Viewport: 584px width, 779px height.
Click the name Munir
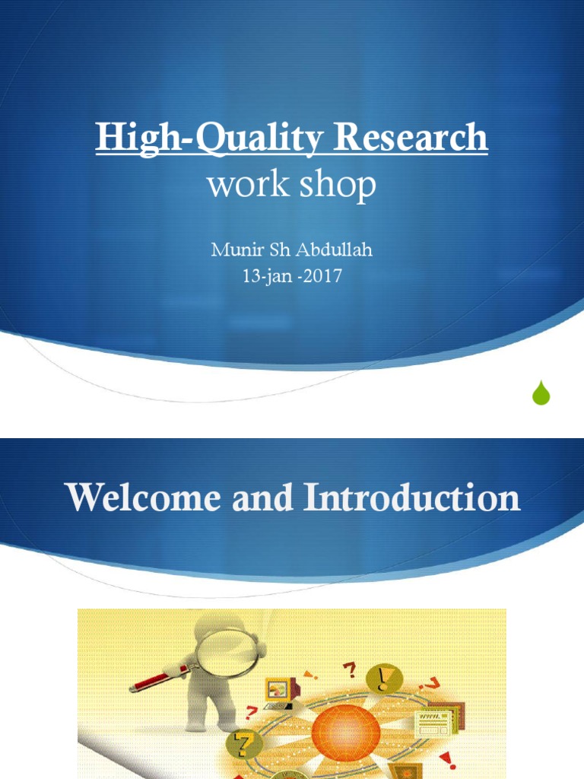point(231,250)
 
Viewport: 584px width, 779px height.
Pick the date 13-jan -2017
point(291,275)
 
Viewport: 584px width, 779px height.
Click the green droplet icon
point(541,393)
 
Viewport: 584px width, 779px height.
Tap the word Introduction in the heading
point(412,498)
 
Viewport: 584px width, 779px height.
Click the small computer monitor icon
point(279,689)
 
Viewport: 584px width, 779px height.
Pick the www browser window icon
point(434,719)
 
